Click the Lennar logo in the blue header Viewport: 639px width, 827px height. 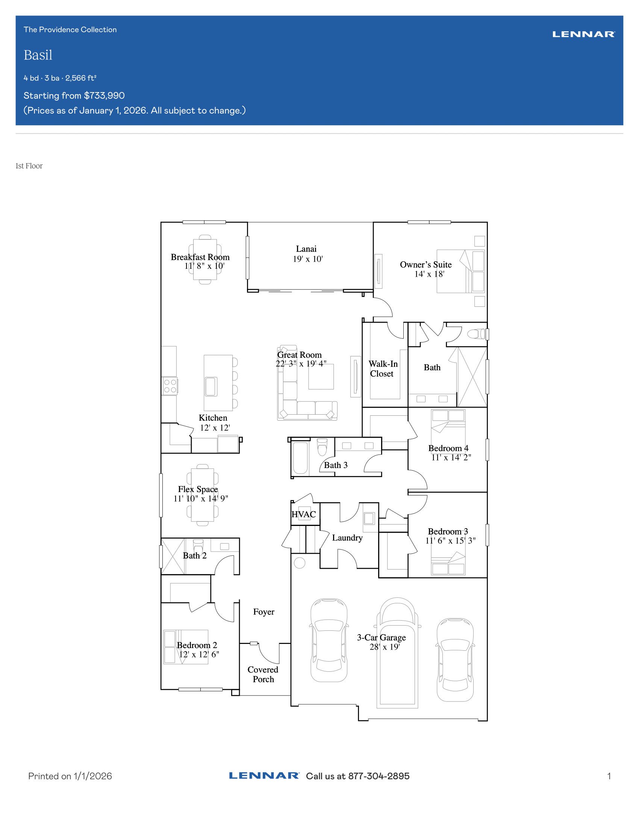coord(583,35)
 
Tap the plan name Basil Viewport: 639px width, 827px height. coord(38,55)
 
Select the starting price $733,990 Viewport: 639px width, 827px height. coord(104,95)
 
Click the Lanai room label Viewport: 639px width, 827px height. coord(306,249)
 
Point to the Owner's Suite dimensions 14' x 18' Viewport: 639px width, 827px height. coord(429,274)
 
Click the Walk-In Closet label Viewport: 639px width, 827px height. coord(383,369)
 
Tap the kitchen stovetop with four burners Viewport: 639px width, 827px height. coord(170,386)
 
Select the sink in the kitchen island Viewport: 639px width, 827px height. coord(211,386)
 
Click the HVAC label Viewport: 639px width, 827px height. coord(304,514)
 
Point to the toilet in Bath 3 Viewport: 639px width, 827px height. coord(322,447)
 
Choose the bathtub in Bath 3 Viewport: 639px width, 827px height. coord(300,458)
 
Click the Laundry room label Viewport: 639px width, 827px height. coord(347,538)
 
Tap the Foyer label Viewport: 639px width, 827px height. coord(263,612)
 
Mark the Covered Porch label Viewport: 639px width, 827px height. coord(263,674)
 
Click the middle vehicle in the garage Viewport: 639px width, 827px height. coord(397,653)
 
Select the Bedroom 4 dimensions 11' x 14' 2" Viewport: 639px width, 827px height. coord(451,457)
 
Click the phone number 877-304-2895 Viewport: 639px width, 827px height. coord(379,776)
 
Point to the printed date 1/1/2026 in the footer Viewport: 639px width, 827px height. coord(93,776)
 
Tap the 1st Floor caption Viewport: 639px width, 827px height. coord(29,166)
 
